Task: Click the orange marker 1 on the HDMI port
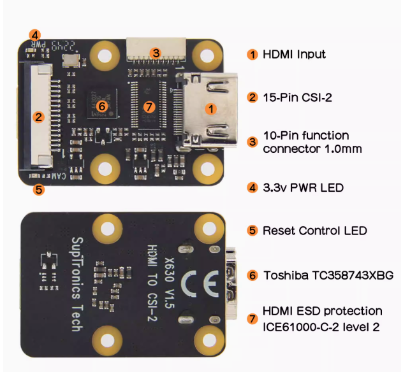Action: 211,108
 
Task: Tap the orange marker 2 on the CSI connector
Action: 38,117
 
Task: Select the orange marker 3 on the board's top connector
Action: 155,53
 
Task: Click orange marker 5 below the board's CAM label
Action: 38,189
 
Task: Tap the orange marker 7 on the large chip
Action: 149,106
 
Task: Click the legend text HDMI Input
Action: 294,54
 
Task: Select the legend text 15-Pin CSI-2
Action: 297,97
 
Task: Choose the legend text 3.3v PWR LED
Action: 303,188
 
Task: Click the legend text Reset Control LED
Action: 314,231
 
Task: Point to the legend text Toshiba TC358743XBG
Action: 328,275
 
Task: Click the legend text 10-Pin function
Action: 305,136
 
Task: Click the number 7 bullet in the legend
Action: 253,318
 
